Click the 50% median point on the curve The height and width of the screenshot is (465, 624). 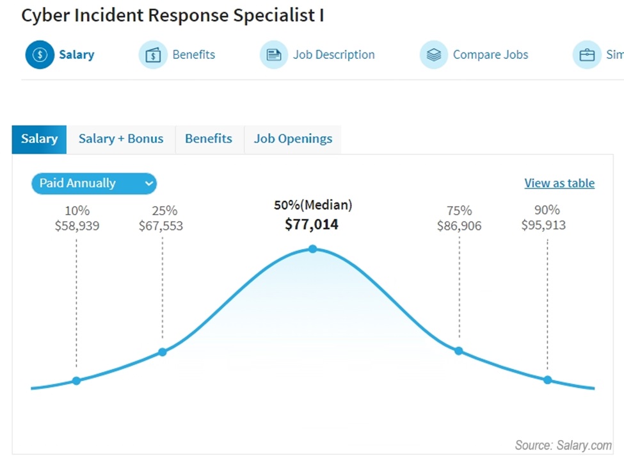coord(312,249)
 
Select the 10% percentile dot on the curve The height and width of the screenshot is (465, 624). coord(76,380)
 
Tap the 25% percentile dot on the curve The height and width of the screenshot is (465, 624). coord(163,352)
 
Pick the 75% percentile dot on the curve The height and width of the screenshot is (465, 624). coord(459,350)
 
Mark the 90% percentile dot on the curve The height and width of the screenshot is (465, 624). coord(547,380)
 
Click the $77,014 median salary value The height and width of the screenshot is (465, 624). coord(312,224)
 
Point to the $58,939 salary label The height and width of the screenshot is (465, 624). coord(77,225)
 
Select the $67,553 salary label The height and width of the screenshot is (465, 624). coord(161,225)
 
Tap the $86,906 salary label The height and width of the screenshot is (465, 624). coord(459,225)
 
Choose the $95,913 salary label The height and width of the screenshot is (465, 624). coord(543,225)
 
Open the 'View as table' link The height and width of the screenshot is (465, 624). coord(559,183)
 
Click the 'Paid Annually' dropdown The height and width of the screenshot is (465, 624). coord(93,183)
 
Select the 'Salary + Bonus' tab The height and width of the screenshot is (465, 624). coord(121,139)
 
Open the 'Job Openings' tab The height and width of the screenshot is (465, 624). coord(292,139)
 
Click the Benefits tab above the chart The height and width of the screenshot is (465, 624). coord(209,139)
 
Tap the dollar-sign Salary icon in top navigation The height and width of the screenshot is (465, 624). coord(40,54)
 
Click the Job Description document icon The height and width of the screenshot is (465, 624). coord(274,55)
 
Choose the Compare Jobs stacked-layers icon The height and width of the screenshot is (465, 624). coord(434,55)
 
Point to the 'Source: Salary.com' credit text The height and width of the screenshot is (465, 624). coord(563,445)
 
